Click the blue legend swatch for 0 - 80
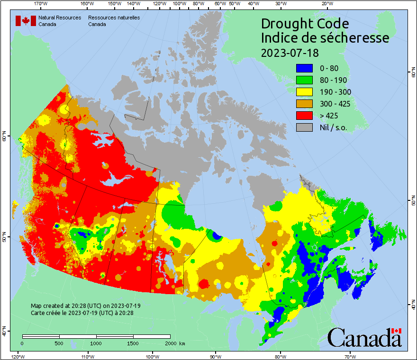point(305,68)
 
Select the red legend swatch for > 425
point(305,116)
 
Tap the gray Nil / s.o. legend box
point(305,127)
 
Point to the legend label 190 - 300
point(336,92)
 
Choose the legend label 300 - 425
point(336,104)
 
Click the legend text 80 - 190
point(334,80)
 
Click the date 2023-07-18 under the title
point(290,52)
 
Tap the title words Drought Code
point(305,24)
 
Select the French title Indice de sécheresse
point(325,38)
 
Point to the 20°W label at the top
point(326,4)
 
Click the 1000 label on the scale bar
point(96,343)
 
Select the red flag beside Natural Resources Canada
point(26,20)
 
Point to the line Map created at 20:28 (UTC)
point(86,306)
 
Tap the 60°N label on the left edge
point(4,138)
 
